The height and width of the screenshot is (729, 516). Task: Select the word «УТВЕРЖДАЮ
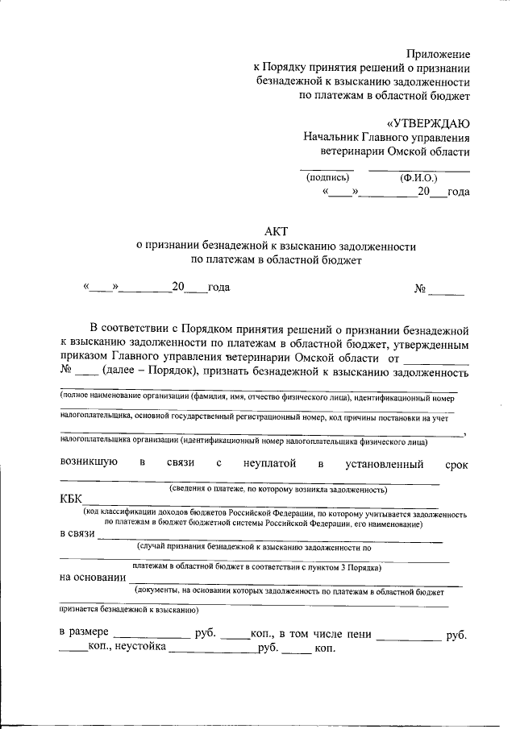click(x=427, y=123)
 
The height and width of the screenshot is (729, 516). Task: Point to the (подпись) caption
click(x=327, y=178)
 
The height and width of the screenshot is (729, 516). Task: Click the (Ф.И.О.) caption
click(x=418, y=178)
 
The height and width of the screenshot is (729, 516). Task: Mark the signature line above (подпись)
click(x=327, y=170)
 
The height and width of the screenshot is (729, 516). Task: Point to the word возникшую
click(x=89, y=463)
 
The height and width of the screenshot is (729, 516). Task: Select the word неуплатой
click(x=268, y=463)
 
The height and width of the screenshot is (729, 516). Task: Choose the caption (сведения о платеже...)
click(x=277, y=490)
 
